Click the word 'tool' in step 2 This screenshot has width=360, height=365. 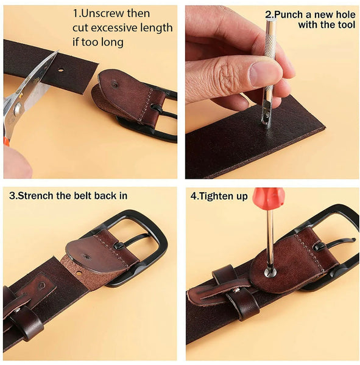click(x=346, y=25)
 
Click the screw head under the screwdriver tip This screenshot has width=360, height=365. click(x=270, y=271)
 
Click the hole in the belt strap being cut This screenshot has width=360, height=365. click(x=61, y=69)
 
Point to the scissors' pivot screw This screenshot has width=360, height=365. click(x=18, y=109)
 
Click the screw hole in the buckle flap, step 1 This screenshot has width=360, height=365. click(x=115, y=84)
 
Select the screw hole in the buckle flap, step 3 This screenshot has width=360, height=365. click(x=86, y=257)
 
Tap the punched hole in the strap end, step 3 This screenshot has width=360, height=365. click(x=79, y=273)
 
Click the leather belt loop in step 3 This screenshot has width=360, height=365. click(x=25, y=321)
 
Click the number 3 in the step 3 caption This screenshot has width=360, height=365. click(x=12, y=196)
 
